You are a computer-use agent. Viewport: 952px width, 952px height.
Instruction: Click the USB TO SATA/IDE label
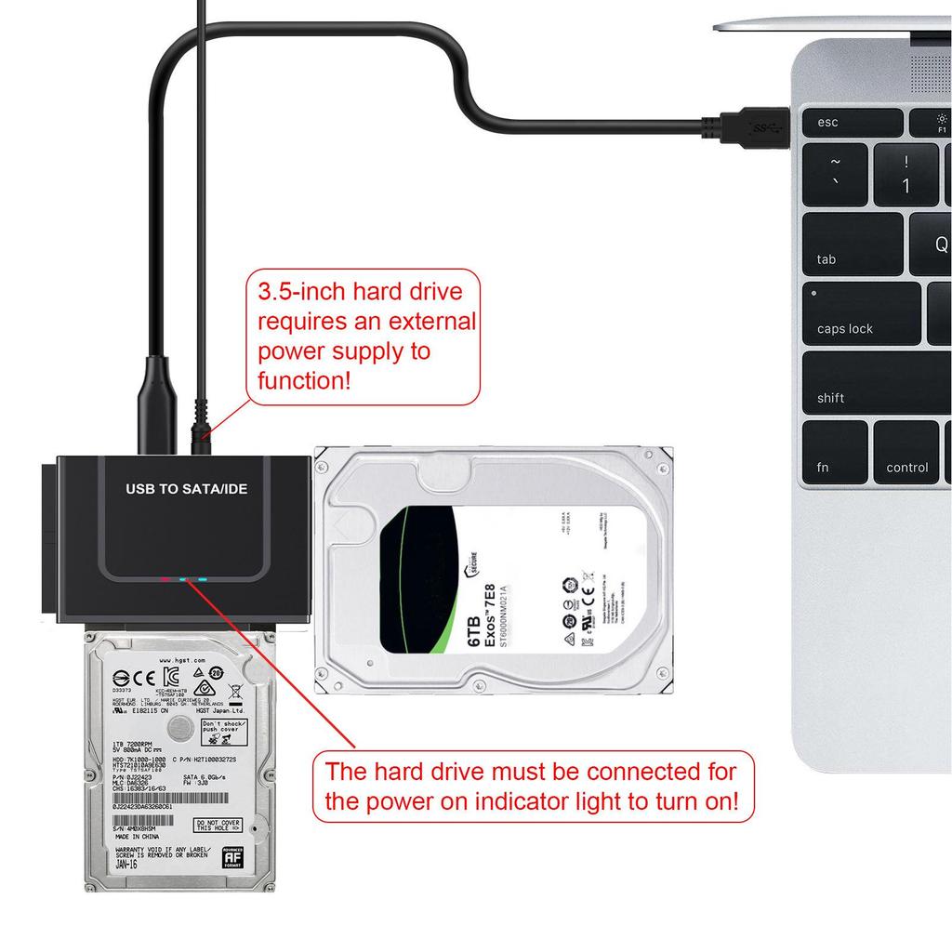pos(186,488)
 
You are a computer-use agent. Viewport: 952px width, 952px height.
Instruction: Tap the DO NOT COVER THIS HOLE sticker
pos(217,825)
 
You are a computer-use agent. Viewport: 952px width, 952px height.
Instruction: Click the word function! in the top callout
pos(304,379)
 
